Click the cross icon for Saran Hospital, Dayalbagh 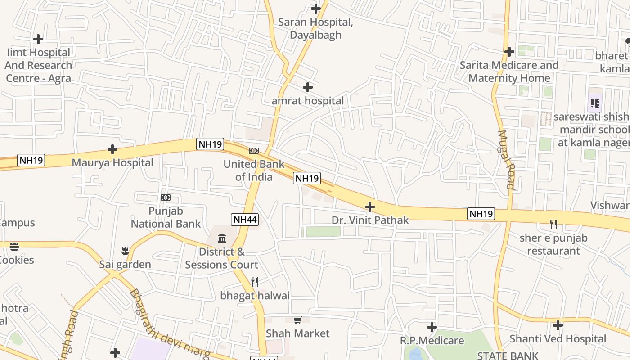(316, 8)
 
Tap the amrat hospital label (307, 101)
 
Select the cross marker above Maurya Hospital (112, 149)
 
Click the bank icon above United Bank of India (254, 151)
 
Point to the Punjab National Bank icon (166, 198)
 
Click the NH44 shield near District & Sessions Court (245, 220)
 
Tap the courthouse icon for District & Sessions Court (222, 238)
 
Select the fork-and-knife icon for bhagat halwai (255, 282)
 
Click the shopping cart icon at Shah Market (297, 320)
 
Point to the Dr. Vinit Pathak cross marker (370, 207)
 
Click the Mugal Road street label (506, 160)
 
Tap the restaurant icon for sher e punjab (553, 224)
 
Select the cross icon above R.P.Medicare (432, 327)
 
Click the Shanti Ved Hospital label (558, 338)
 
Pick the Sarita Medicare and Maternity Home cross (509, 52)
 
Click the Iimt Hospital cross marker (38, 39)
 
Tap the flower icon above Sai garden (125, 250)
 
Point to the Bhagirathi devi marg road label (166, 326)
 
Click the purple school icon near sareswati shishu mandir (595, 104)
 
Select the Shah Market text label (297, 333)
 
